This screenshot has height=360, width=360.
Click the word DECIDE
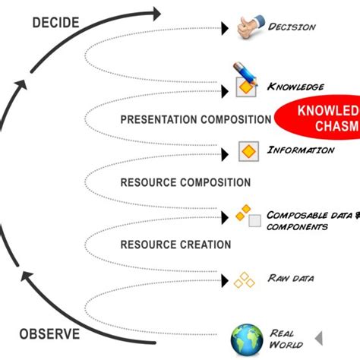tap(55, 22)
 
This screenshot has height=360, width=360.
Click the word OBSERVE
tap(50, 333)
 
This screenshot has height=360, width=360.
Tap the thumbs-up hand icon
tap(245, 27)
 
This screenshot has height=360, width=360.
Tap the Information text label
tap(300, 150)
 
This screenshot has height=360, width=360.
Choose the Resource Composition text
tap(185, 182)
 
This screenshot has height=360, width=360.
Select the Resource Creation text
tap(175, 245)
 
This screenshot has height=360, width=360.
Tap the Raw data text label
tap(290, 278)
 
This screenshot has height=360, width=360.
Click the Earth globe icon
tap(246, 338)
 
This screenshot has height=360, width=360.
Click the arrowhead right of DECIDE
tap(155, 13)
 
